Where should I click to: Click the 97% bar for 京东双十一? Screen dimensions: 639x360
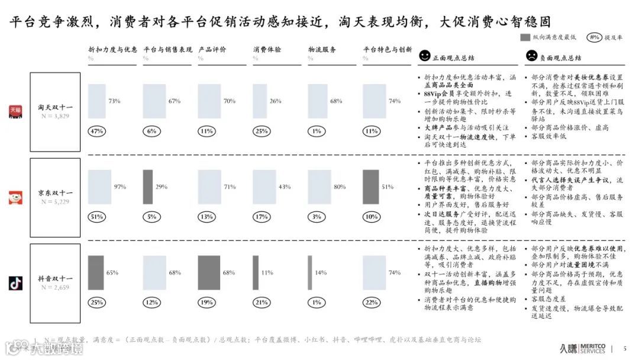pos(99,187)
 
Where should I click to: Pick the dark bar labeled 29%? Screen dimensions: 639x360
pos(147,187)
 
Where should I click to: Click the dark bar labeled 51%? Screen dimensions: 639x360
pos(370,187)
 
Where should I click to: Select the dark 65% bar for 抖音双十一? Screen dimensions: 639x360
pos(95,272)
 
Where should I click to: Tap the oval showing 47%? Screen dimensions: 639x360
pos(96,131)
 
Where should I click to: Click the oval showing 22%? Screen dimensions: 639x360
pos(372,303)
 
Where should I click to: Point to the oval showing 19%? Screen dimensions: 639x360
pos(206,303)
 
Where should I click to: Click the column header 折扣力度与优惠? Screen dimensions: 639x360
pos(112,50)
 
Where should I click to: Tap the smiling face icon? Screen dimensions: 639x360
pos(424,56)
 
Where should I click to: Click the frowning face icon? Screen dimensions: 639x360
pos(531,56)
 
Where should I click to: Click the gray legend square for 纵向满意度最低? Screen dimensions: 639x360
pos(525,37)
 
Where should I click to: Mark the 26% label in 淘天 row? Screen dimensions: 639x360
pos(275,101)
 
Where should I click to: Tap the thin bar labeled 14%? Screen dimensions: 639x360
pos(309,272)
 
